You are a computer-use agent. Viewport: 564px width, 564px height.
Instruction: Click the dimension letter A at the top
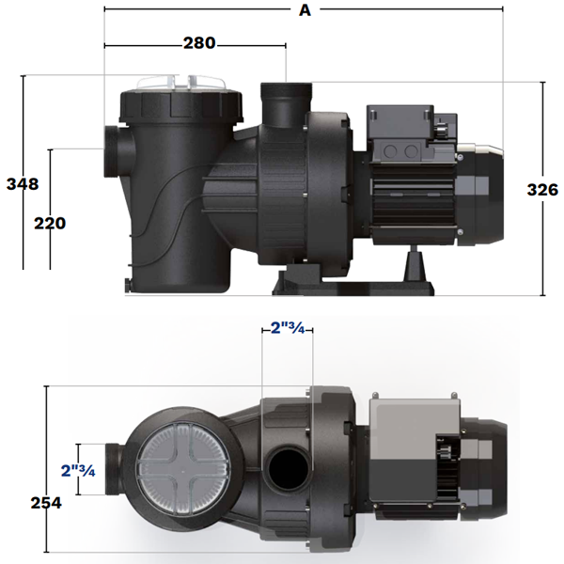point(303,10)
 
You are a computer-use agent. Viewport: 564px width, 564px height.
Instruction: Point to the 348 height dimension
point(22,183)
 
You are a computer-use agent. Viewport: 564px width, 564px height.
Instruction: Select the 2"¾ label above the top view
point(288,328)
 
